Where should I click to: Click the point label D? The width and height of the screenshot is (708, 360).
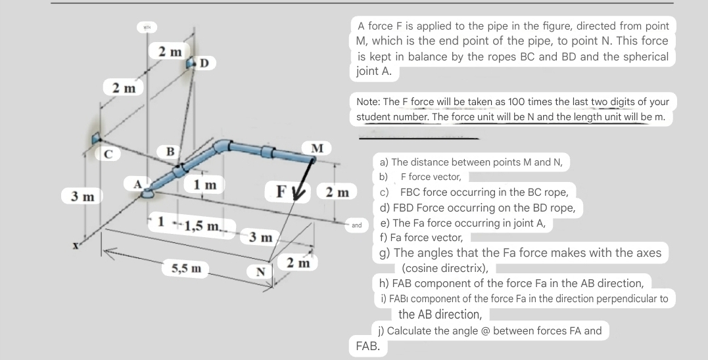coord(204,63)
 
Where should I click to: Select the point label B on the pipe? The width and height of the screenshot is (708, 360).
coord(170,152)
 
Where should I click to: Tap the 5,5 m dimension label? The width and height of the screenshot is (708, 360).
coord(186,268)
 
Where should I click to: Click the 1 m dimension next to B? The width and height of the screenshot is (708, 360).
coord(204,185)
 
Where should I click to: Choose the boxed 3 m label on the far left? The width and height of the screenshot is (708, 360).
coord(78,196)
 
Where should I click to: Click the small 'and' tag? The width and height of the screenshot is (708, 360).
coord(357,225)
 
